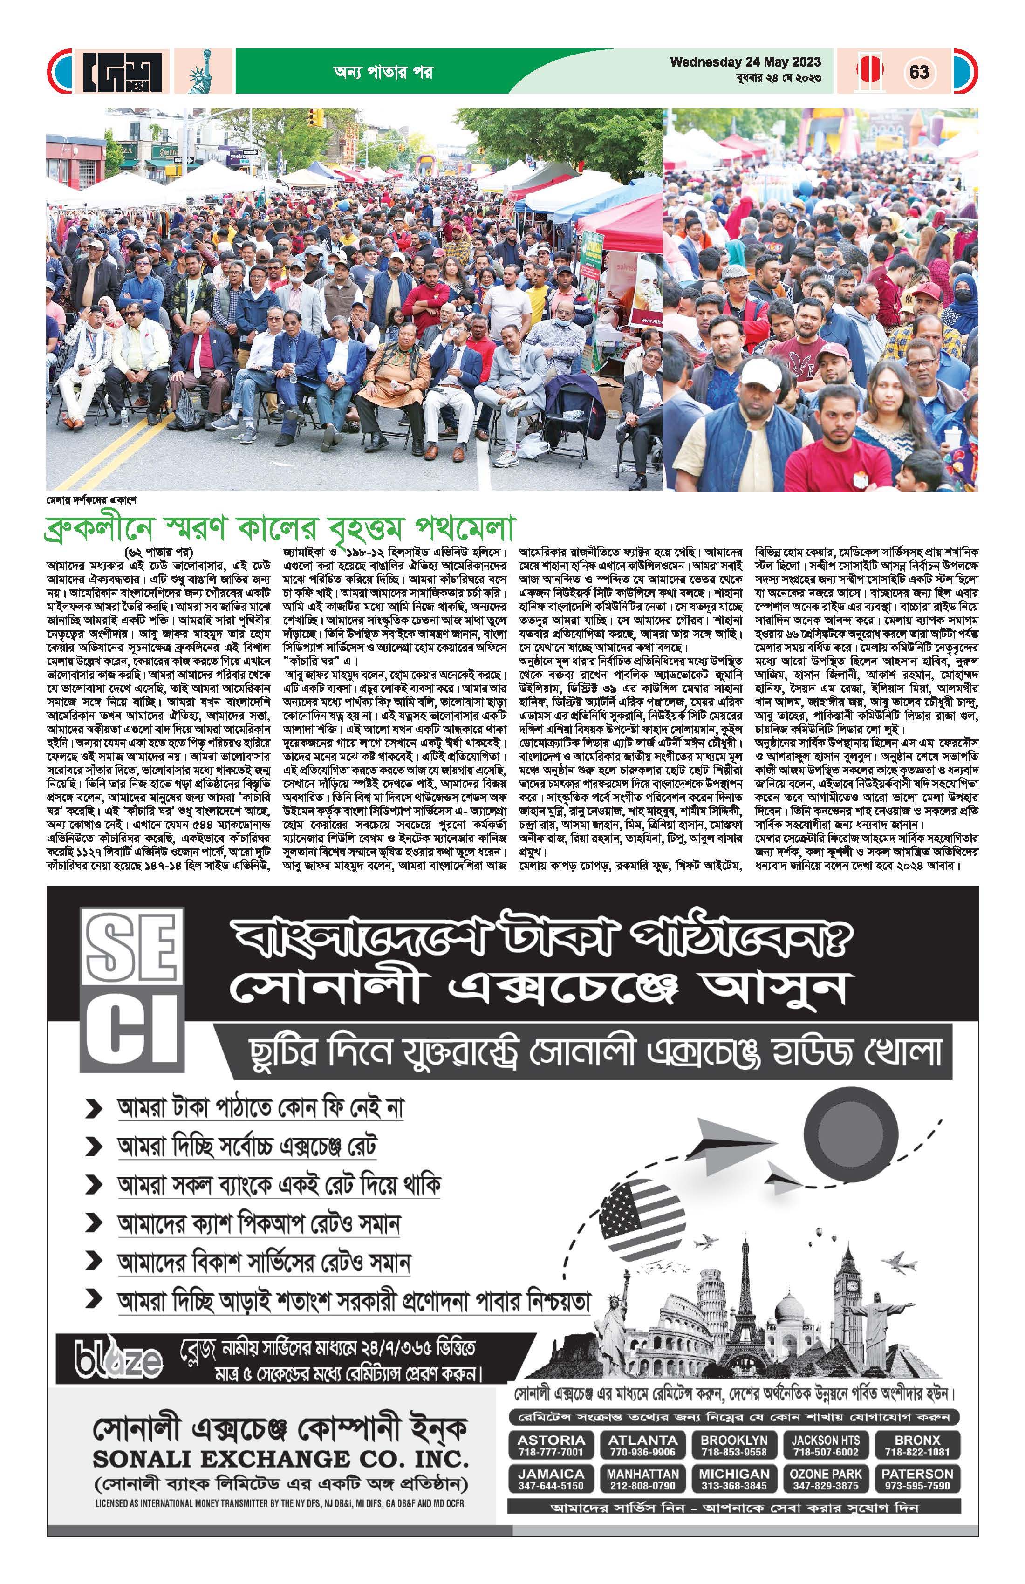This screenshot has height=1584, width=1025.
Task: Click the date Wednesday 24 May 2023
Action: (x=745, y=62)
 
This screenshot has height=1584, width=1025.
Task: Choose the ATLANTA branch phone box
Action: (x=642, y=1445)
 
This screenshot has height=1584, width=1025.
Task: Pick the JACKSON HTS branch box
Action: (x=825, y=1445)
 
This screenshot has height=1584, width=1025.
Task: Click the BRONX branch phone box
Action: (x=917, y=1445)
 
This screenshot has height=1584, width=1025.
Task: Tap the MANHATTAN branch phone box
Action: (x=642, y=1479)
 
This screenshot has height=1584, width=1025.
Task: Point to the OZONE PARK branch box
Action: (x=825, y=1479)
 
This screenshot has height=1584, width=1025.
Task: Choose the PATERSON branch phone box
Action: (x=917, y=1479)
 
